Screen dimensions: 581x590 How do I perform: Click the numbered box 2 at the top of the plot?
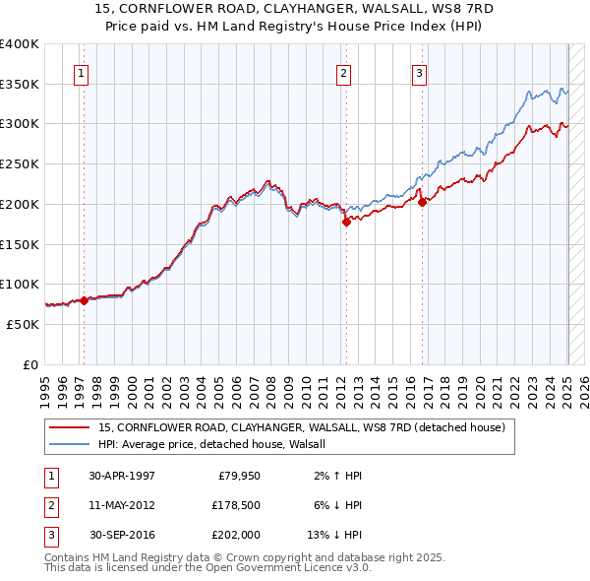coord(343,72)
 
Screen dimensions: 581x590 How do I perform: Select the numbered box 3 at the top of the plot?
coord(419,72)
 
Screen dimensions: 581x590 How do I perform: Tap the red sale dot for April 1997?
coord(85,300)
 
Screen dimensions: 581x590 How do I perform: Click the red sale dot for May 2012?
coord(346,223)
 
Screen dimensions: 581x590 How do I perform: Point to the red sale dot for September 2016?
coord(423,203)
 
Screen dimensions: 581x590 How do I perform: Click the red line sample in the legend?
coord(70,427)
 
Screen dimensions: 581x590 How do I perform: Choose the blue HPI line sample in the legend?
coord(70,444)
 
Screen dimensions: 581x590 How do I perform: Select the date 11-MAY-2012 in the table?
coord(122,504)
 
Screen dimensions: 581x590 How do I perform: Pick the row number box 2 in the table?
coord(48,504)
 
